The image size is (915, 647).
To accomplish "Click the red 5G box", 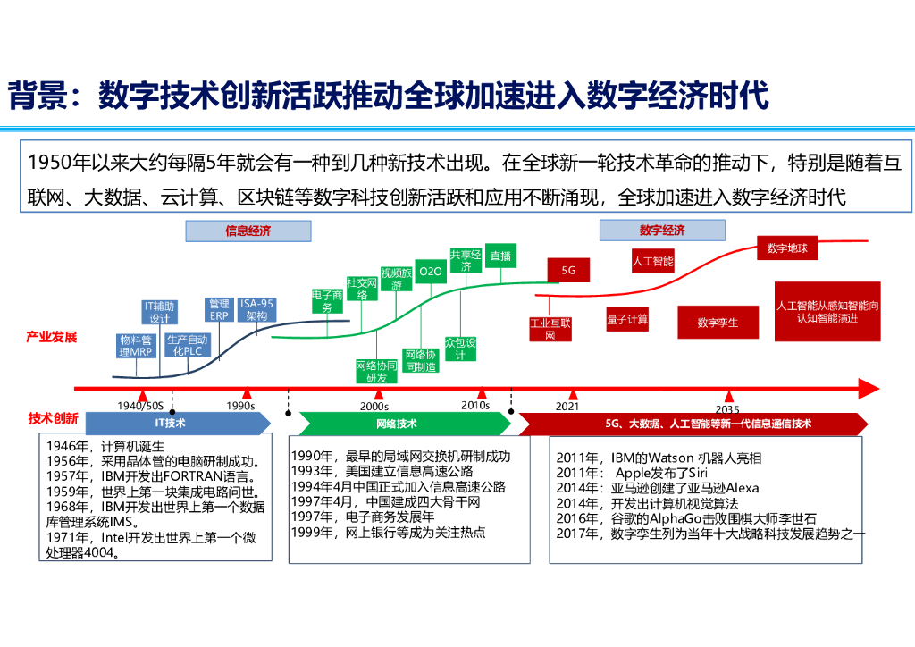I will point(568,269).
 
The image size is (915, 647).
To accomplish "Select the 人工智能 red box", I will point(652,262).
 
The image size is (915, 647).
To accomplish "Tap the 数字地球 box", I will point(787,248).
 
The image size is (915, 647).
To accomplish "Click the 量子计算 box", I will point(627,318).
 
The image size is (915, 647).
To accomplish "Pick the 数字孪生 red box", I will point(718,323).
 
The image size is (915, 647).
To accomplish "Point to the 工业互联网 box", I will point(550,329).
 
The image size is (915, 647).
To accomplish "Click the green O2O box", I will point(431,271).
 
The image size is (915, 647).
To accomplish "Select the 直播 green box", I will point(500,256).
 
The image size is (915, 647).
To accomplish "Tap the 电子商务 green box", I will point(327,301).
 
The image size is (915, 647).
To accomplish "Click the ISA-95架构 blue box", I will point(256,309).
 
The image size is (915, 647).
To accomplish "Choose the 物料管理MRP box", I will point(137,346).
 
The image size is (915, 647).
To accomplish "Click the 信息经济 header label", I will point(248,231).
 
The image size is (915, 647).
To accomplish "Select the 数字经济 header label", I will point(661,231).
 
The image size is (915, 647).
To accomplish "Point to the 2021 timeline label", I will point(567,406).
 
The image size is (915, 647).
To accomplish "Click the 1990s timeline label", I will point(240,406).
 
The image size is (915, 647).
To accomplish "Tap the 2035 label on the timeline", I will point(727,408).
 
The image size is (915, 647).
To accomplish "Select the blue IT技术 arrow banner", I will point(170,424).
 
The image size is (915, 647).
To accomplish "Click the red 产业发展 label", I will point(51,337).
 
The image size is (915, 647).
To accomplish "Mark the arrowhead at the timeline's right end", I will point(868,389).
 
